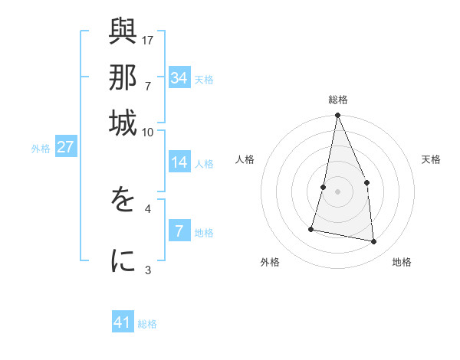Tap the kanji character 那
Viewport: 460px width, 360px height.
(x=123, y=79)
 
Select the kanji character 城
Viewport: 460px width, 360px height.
(x=123, y=123)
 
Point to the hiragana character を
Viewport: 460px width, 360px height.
(x=123, y=201)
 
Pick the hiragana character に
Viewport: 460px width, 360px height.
(x=123, y=261)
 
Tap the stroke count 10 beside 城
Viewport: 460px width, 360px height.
(x=147, y=132)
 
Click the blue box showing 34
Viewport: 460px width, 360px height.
(x=179, y=77)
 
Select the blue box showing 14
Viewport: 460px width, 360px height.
(x=179, y=162)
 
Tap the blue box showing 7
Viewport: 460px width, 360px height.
(x=179, y=231)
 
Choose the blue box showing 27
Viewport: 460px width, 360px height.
(x=65, y=147)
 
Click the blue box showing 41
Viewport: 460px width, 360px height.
(x=123, y=323)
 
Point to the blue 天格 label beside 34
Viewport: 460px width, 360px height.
(x=204, y=79)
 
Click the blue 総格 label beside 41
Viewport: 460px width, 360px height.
(x=147, y=324)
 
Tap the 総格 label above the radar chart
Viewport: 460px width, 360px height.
(x=337, y=100)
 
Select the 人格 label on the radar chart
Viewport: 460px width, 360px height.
(x=245, y=159)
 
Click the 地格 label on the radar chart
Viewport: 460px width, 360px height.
(x=402, y=262)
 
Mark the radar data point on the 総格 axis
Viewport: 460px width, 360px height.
(x=337, y=116)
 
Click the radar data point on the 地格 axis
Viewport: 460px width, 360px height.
(x=374, y=242)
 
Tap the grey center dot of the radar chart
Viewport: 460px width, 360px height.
(x=337, y=191)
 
